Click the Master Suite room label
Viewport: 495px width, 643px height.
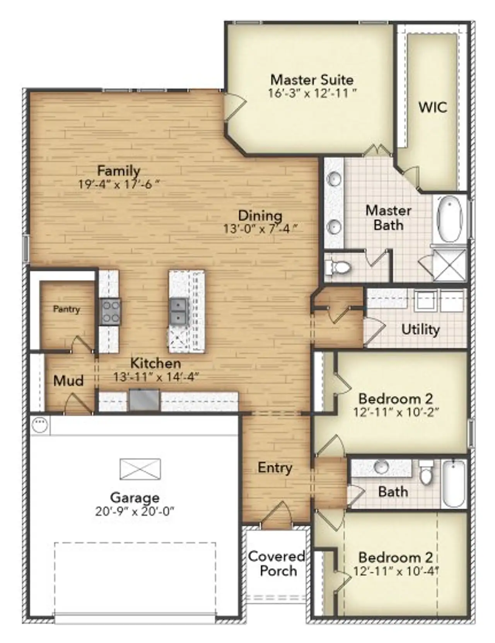pos(312,80)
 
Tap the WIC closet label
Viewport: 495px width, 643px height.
pos(433,107)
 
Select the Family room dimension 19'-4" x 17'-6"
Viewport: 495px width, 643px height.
pos(119,184)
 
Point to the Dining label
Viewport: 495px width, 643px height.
pos(260,215)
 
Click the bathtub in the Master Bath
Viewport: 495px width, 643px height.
pos(449,219)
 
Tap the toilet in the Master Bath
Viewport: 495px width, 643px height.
pos(339,267)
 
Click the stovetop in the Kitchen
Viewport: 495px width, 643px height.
pos(110,312)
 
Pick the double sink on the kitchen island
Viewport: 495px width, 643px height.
pos(179,311)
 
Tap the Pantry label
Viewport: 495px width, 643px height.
pos(67,309)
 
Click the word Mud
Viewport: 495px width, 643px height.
pos(68,380)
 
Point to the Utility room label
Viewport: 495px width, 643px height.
pos(420,329)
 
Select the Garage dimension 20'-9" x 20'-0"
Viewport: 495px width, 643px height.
pos(135,511)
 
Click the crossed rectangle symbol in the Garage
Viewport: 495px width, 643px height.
pos(140,469)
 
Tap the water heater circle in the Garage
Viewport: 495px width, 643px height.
pos(39,425)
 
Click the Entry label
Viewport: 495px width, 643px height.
pos(275,467)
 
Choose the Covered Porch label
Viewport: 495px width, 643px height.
pos(277,563)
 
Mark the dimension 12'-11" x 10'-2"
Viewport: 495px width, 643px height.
pos(396,412)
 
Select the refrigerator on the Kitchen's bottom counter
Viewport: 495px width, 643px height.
pos(144,400)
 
